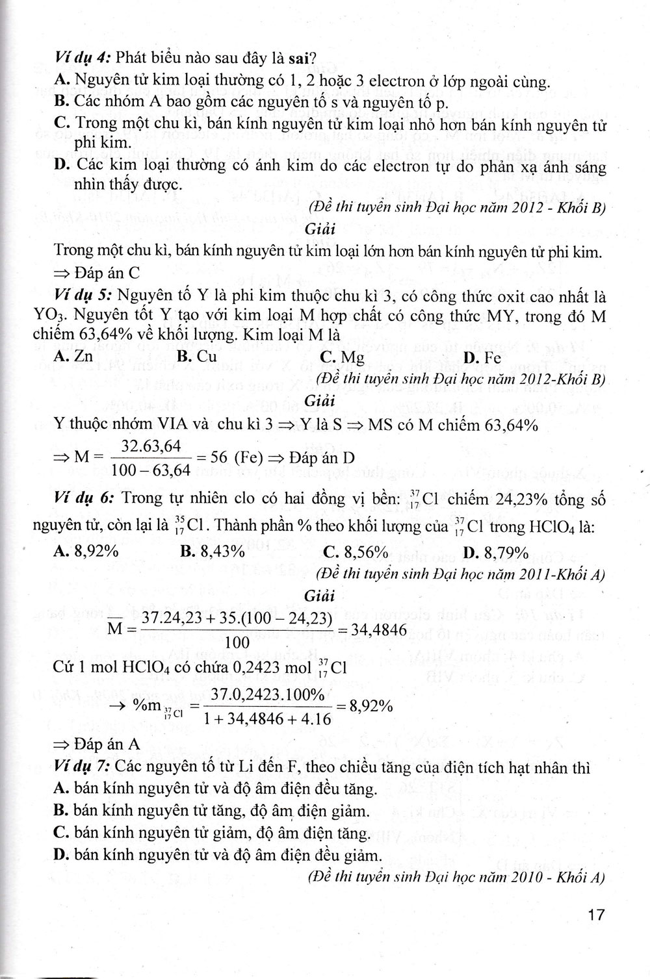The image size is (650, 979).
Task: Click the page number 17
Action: pyautogui.click(x=595, y=915)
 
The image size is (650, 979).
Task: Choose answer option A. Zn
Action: pyautogui.click(x=74, y=357)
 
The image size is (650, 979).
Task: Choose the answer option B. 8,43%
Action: pyautogui.click(x=213, y=552)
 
